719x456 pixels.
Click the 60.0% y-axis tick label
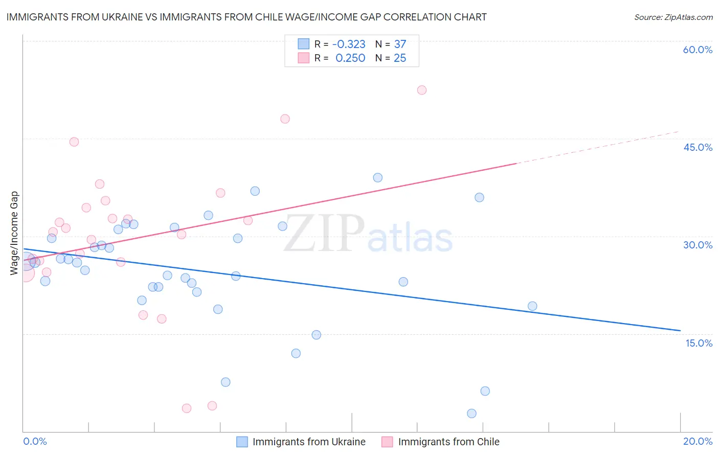(x=698, y=50)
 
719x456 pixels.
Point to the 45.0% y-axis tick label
(x=698, y=147)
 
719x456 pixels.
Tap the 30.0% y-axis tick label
(x=698, y=245)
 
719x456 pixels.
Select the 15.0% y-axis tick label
(x=699, y=343)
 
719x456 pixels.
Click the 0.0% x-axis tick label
(x=35, y=441)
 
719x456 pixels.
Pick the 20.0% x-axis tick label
(x=698, y=441)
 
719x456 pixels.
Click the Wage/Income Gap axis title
(x=14, y=233)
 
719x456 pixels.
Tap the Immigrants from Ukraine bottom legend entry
(x=308, y=442)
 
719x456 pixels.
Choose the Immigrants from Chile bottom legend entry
(x=448, y=442)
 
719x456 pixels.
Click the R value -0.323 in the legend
(x=349, y=44)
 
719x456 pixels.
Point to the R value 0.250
(x=350, y=58)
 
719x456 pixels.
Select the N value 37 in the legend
(x=400, y=44)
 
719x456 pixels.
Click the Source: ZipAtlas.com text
(x=673, y=17)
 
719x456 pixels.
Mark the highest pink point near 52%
(x=422, y=90)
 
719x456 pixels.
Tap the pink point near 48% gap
(x=285, y=119)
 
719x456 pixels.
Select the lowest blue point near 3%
(x=471, y=414)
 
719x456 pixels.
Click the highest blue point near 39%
(x=378, y=178)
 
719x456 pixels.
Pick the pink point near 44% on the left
(x=74, y=142)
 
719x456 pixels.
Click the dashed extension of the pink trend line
(x=598, y=147)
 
